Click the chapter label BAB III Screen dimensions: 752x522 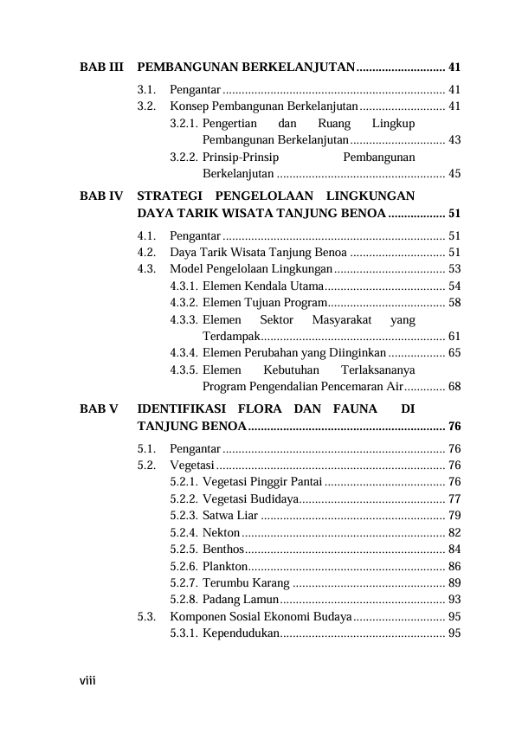102,67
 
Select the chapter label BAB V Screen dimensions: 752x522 100,407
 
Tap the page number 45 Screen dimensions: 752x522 454,173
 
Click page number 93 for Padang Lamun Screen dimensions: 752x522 454,599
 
